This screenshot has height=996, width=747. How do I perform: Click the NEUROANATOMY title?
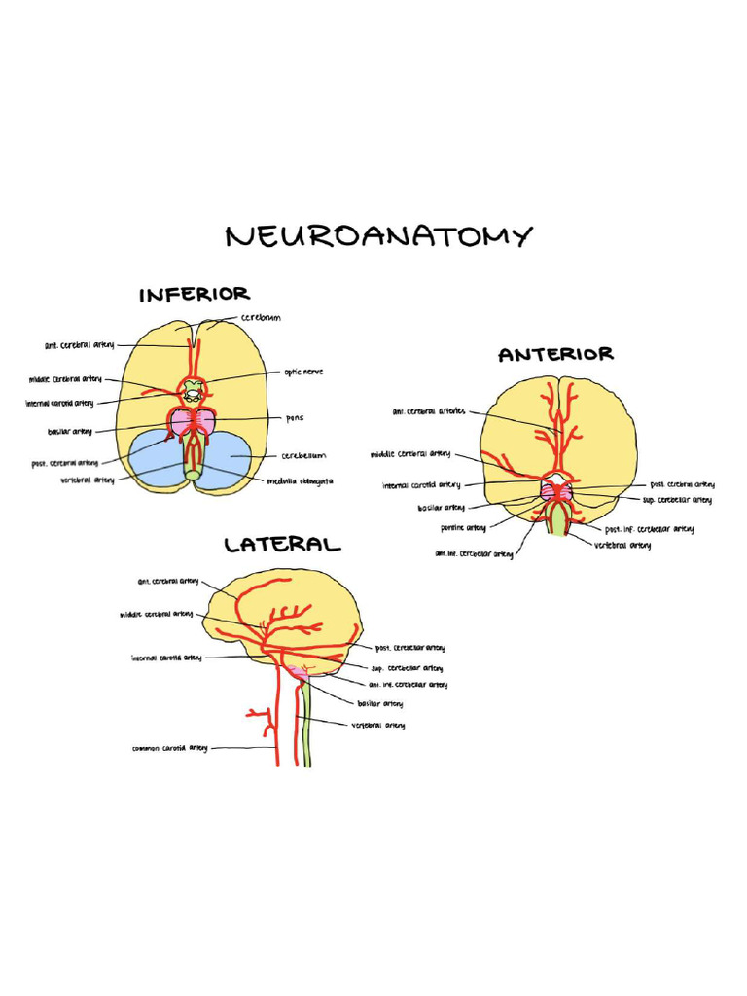click(x=378, y=235)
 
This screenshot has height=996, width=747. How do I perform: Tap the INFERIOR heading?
click(x=195, y=294)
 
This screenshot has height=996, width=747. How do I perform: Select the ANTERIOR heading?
click(x=555, y=355)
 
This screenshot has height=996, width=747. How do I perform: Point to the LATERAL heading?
click(x=282, y=545)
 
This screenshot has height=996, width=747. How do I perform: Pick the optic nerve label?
click(x=303, y=372)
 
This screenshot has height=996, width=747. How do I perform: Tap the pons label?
click(x=295, y=418)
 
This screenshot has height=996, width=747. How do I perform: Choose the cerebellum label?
click(x=303, y=455)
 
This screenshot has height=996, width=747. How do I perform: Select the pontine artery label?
click(x=463, y=528)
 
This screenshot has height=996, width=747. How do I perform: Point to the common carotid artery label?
click(x=170, y=748)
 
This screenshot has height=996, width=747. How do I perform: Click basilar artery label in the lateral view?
click(x=380, y=703)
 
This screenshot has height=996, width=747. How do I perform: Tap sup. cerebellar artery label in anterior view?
click(x=677, y=500)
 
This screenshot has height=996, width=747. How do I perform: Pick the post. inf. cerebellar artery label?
click(x=650, y=529)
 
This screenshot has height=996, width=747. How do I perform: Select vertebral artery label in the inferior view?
click(x=88, y=480)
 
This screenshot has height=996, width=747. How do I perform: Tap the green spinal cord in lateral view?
click(x=305, y=725)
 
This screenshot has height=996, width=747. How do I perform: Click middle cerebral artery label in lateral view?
click(x=156, y=615)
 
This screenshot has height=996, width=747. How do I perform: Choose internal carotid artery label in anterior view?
click(x=421, y=484)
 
